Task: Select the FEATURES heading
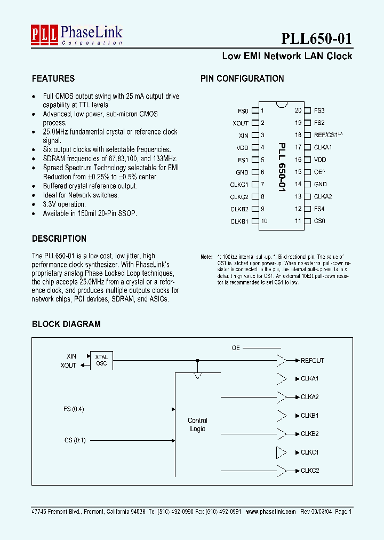(53, 78)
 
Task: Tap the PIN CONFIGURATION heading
(242, 78)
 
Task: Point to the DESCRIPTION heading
(59, 239)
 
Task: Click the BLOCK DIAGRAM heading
(66, 324)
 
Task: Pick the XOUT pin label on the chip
(241, 123)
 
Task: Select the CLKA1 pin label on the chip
(323, 147)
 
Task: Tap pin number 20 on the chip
(298, 111)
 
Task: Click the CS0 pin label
(319, 221)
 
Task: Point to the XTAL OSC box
(101, 360)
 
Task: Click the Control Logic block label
(197, 425)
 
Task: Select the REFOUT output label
(313, 360)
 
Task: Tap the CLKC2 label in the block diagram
(310, 471)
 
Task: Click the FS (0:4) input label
(74, 409)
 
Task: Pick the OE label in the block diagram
(236, 348)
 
